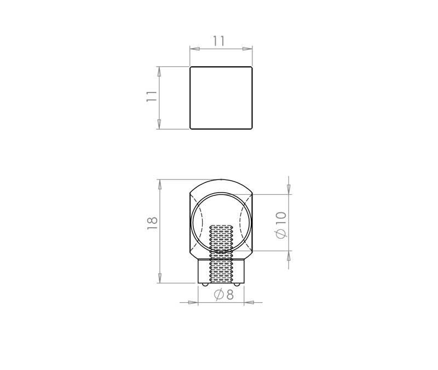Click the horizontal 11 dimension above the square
pos(218,41)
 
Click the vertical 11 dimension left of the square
pos(152,96)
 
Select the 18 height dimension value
pos(152,223)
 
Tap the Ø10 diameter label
pos(281,225)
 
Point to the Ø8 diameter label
pos(223,294)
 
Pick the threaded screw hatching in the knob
pos(221,253)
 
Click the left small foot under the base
pos(205,284)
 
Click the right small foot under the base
pos(237,284)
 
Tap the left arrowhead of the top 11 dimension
pos(195,49)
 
